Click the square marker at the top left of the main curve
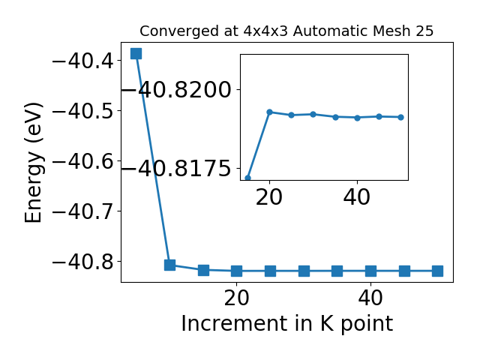136,53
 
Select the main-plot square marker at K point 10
169,265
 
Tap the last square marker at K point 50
437,271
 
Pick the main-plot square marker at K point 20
237,271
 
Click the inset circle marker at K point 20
270,112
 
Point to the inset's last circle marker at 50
401,117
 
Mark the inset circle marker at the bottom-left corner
248,178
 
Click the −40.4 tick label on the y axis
83,61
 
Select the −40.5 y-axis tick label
83,112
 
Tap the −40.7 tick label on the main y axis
83,211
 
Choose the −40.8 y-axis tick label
83,262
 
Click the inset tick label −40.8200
176,90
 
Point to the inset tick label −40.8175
176,169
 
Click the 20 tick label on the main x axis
237,298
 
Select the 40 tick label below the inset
357,197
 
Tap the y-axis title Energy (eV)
33,162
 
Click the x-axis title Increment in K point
287,324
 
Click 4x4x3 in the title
266,31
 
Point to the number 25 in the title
424,31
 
